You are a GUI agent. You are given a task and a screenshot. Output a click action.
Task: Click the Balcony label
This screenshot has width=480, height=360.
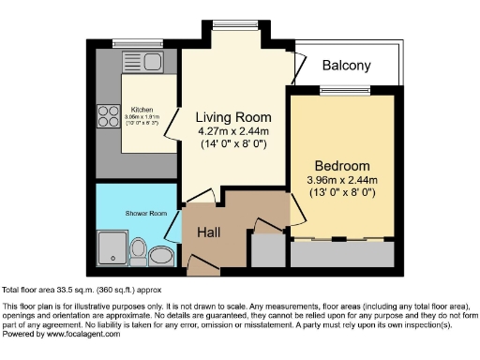click(x=346, y=66)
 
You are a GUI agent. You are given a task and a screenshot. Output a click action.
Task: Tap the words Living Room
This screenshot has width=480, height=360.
click(x=232, y=117)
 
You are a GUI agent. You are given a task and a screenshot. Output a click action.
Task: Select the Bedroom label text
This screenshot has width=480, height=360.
click(x=341, y=166)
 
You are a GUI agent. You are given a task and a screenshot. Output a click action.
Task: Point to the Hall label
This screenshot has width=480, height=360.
click(x=207, y=232)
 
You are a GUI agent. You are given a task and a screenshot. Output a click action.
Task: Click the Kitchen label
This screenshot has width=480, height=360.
click(x=142, y=109)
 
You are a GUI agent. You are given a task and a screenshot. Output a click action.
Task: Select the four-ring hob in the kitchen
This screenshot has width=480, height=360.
click(x=107, y=116)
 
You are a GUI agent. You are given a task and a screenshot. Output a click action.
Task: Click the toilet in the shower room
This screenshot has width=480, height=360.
click(x=139, y=250)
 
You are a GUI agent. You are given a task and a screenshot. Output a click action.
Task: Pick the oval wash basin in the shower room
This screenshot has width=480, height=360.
click(x=161, y=255)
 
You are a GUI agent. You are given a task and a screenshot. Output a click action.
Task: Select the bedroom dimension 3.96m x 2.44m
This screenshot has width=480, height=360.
click(x=341, y=180)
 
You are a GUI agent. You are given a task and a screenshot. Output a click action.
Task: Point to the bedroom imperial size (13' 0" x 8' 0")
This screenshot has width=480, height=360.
click(x=341, y=193)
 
